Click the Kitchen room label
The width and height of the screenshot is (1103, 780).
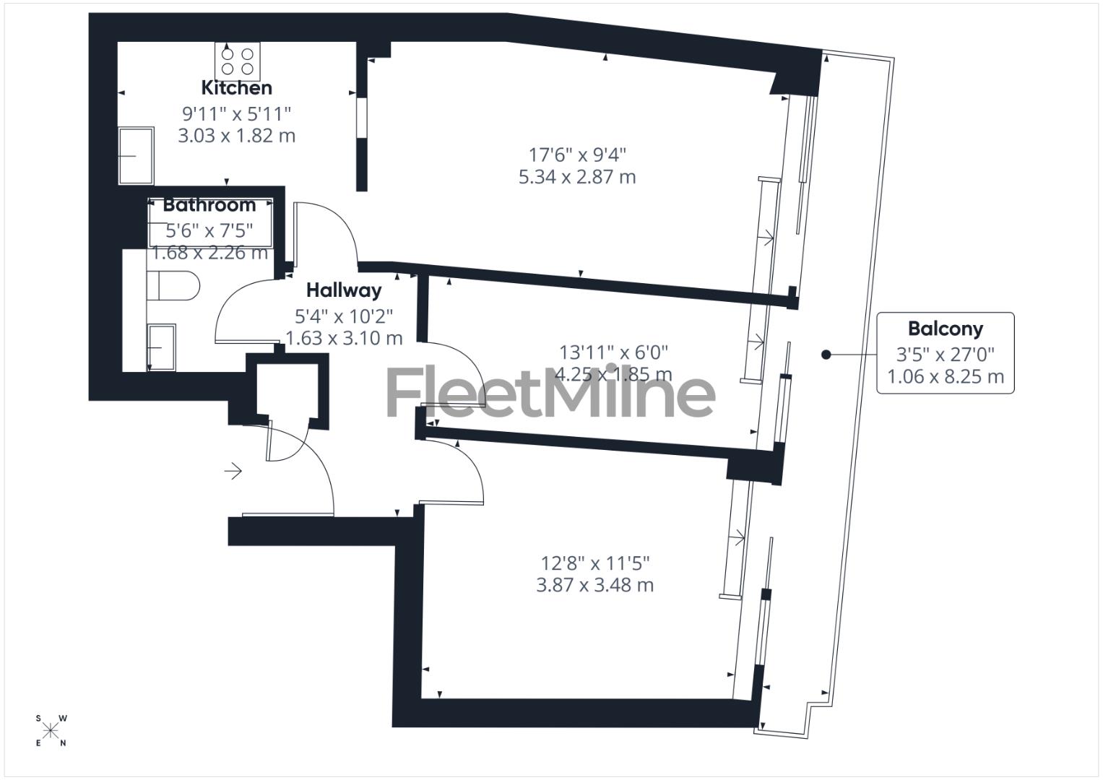click(236, 88)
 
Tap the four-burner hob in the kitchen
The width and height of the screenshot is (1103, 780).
click(237, 61)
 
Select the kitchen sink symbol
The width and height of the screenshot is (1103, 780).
click(136, 155)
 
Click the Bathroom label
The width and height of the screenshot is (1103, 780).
click(209, 205)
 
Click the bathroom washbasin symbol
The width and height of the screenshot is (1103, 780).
click(160, 347)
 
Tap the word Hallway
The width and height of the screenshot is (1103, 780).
click(343, 290)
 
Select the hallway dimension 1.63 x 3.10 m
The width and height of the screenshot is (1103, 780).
click(343, 338)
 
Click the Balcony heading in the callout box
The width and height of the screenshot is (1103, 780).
click(945, 329)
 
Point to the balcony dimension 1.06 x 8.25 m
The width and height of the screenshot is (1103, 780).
click(945, 377)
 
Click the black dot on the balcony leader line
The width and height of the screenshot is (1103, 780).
click(826, 355)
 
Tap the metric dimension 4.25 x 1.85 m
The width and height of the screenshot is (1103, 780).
click(613, 374)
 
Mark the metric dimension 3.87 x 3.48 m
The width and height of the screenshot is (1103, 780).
click(594, 585)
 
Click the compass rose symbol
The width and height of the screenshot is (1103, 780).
click(51, 731)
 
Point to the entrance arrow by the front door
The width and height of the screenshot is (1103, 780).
click(233, 472)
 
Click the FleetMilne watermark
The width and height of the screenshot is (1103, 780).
click(550, 393)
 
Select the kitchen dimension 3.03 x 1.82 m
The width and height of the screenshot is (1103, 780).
click(236, 136)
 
